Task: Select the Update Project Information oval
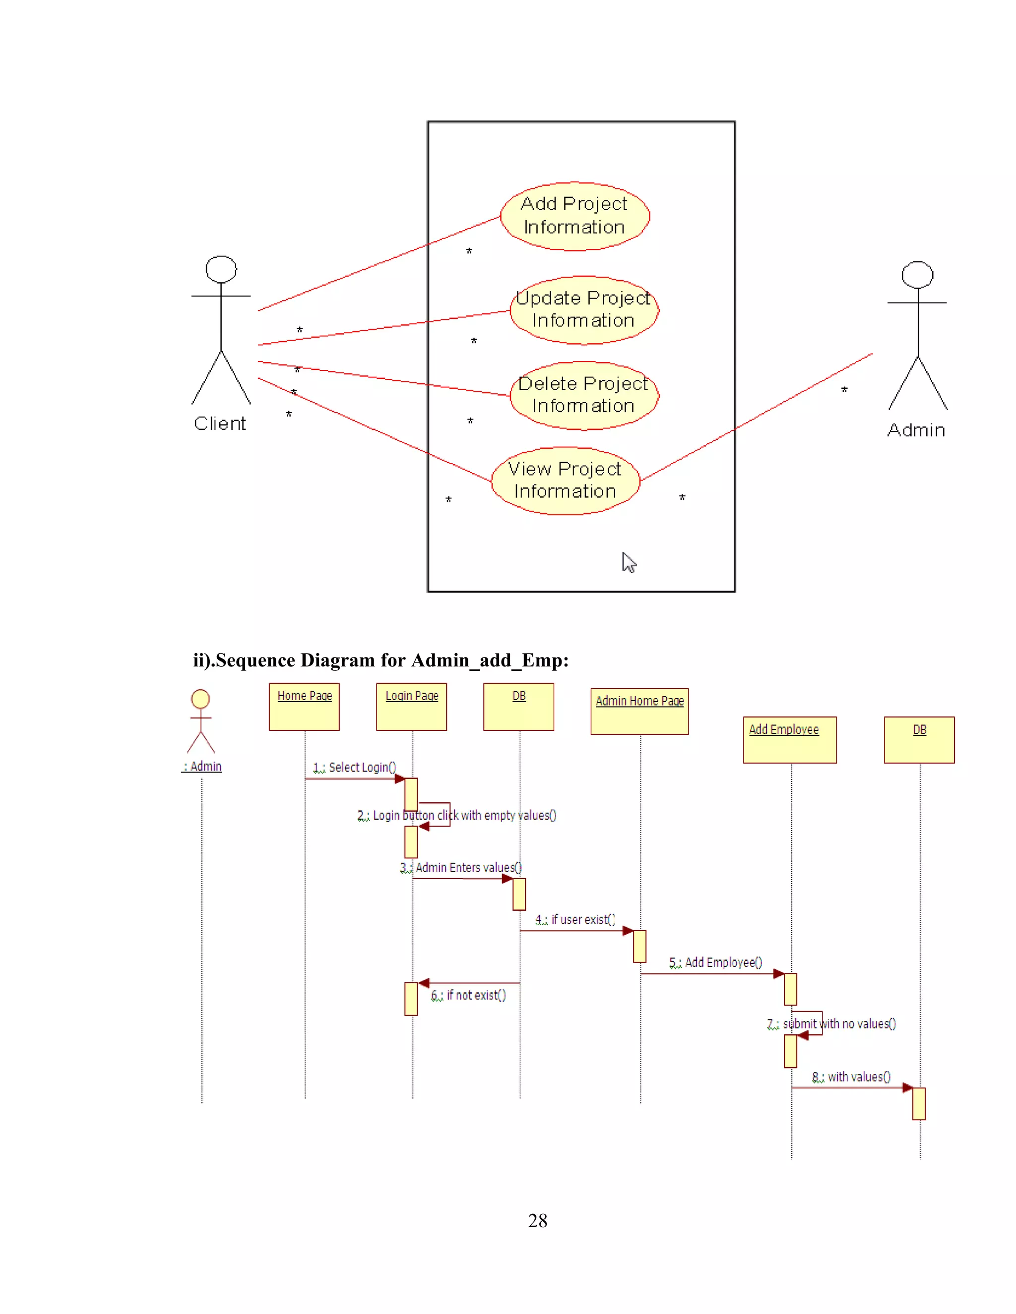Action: (584, 310)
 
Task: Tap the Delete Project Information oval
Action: (584, 395)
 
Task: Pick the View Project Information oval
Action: (565, 480)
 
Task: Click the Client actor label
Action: (220, 423)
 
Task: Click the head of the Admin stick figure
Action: (917, 275)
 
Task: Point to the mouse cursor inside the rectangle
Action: (629, 563)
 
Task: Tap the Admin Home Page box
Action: (639, 711)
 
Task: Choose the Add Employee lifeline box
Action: (789, 739)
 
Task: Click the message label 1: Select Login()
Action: (355, 767)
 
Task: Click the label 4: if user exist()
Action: (575, 919)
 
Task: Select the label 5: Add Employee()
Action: (716, 962)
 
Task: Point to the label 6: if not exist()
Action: (469, 995)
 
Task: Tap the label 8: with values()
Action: (851, 1076)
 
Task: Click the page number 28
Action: (537, 1220)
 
